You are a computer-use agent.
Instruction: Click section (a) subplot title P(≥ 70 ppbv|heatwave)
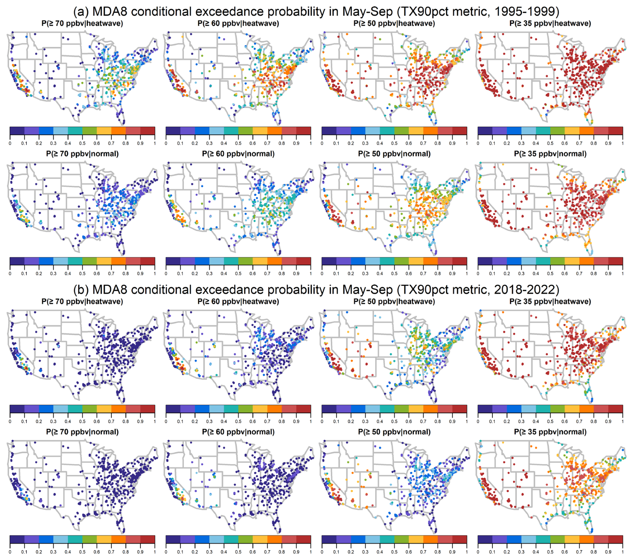[x=82, y=23]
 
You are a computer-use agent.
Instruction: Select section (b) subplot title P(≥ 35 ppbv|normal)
[x=550, y=432]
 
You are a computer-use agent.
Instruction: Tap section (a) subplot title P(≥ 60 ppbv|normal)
[x=238, y=154]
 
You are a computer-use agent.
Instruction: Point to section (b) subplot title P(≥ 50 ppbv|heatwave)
[x=394, y=302]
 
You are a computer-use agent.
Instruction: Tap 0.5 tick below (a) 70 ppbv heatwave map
[x=82, y=143]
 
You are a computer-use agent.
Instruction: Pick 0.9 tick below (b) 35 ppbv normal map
[x=608, y=552]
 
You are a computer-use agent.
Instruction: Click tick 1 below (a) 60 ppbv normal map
[x=311, y=274]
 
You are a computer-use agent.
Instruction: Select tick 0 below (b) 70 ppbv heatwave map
[x=10, y=422]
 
